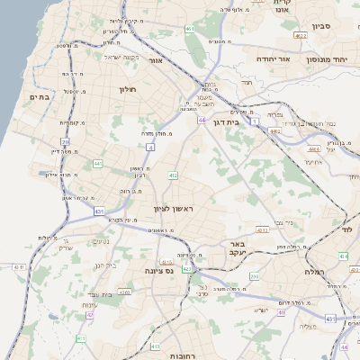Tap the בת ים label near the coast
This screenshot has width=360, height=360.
(38, 96)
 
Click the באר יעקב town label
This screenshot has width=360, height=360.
(238, 248)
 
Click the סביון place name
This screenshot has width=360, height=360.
(322, 27)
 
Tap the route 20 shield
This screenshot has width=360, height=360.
(65, 141)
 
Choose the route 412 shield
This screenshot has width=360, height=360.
(172, 175)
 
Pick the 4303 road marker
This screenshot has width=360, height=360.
(263, 230)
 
